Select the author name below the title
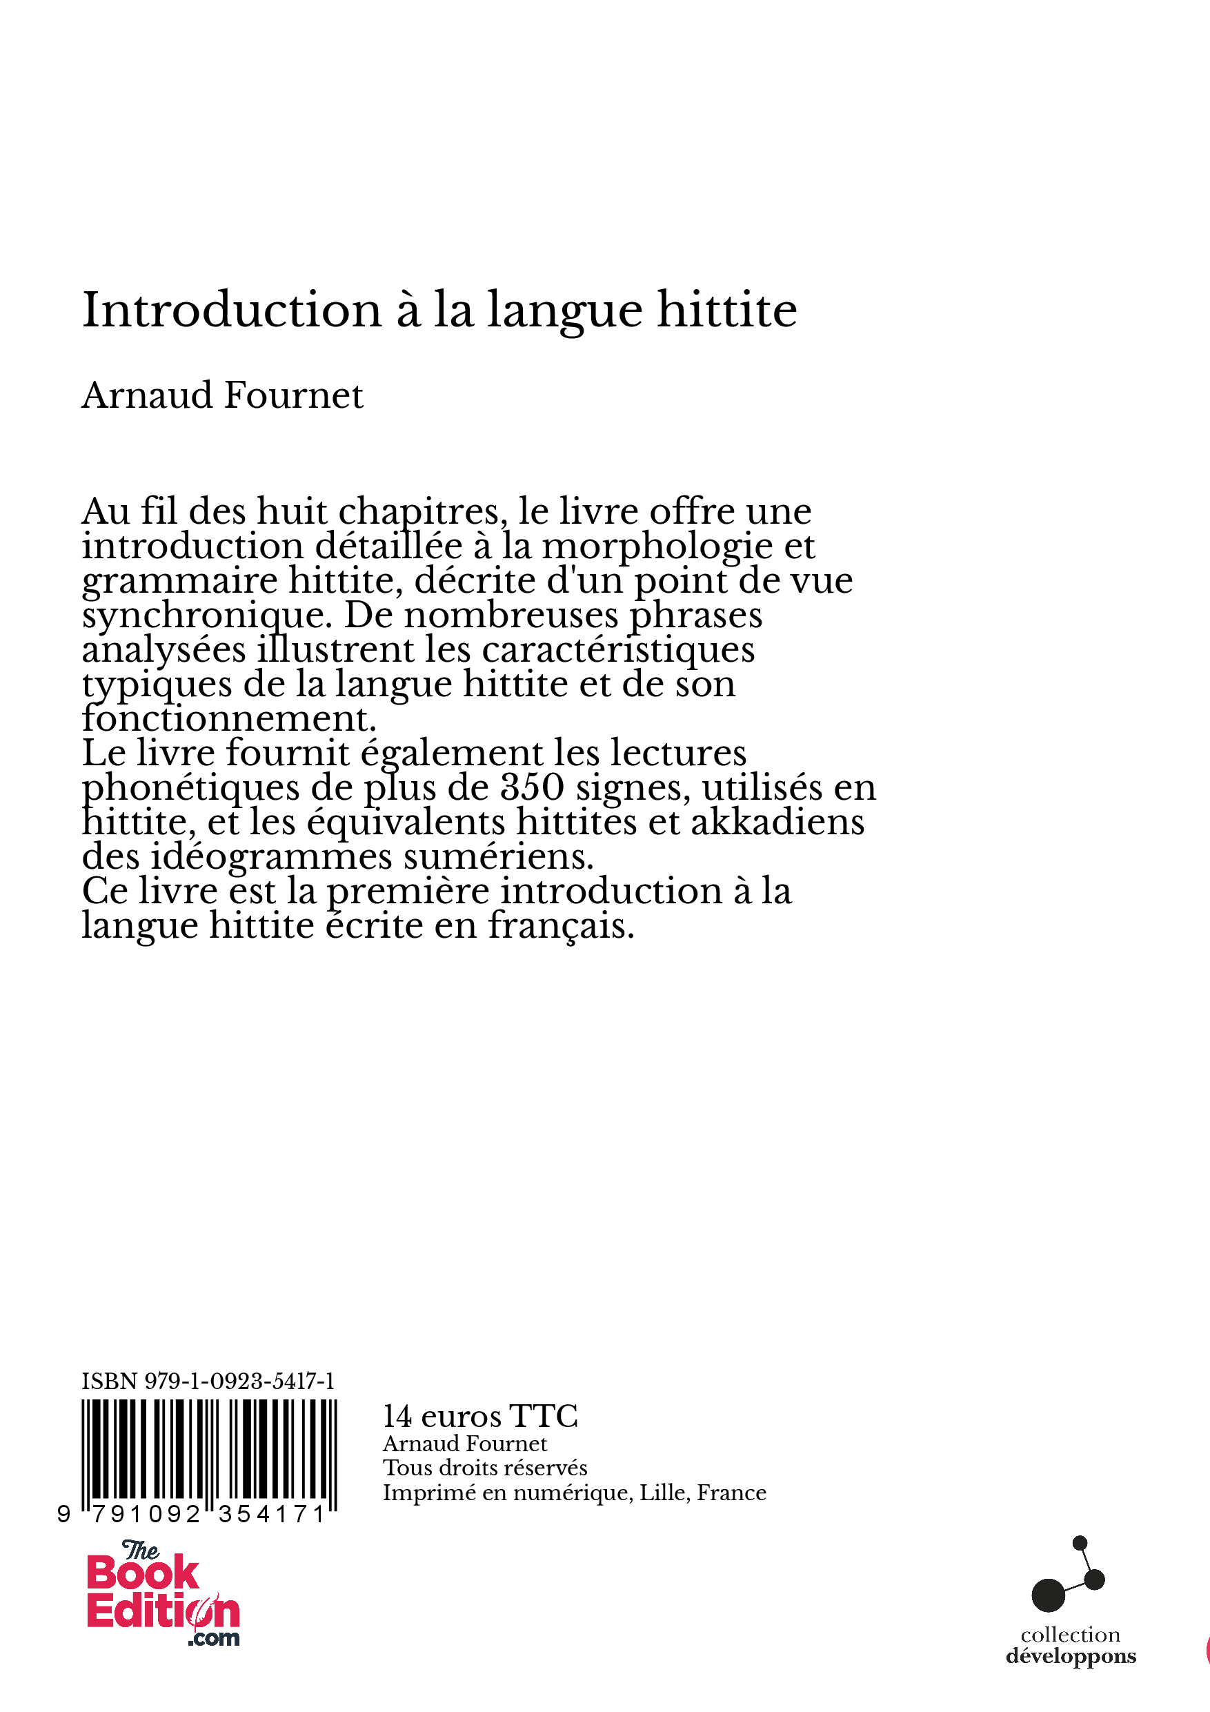coord(222,395)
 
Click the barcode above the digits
coord(209,1451)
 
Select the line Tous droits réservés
coord(484,1468)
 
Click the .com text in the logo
coord(214,1638)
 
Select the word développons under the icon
coord(1071,1656)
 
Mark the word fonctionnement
coord(229,720)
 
